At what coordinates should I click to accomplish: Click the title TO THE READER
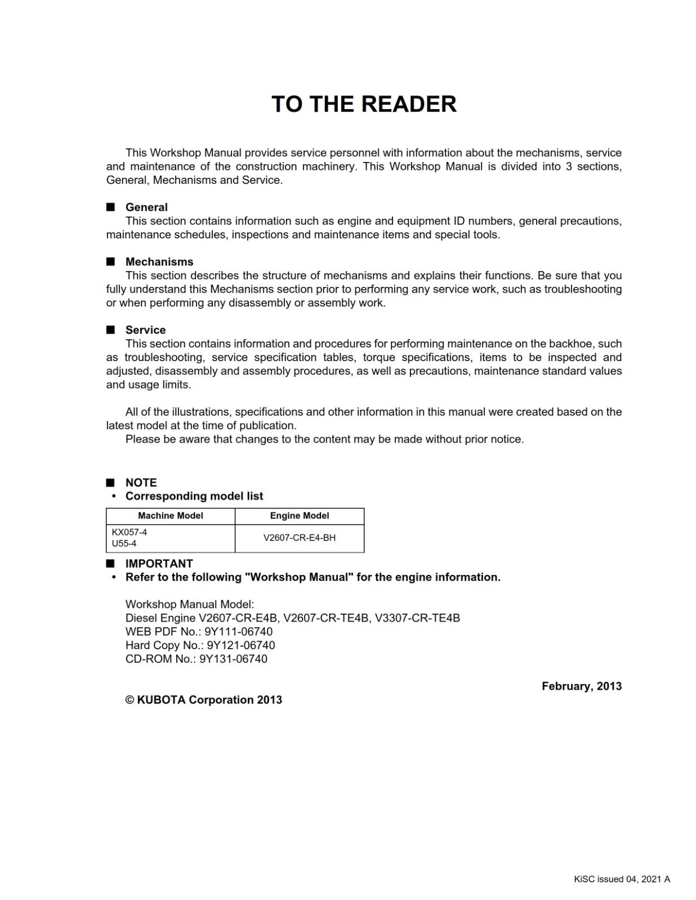click(x=364, y=104)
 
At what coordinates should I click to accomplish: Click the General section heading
click(x=146, y=207)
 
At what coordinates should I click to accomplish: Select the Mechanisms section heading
click(x=159, y=262)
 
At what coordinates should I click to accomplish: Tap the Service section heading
click(x=145, y=330)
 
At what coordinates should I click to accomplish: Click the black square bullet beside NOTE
click(x=110, y=483)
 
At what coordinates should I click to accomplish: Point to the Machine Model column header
click(x=170, y=516)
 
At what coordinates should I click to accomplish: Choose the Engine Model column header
click(x=299, y=516)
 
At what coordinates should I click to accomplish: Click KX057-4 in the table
click(x=130, y=532)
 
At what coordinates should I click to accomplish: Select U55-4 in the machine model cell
click(x=124, y=543)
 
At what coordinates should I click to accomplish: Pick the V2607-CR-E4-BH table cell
click(x=299, y=538)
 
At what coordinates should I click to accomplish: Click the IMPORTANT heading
click(x=159, y=564)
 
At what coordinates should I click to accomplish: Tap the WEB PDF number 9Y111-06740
click(x=238, y=632)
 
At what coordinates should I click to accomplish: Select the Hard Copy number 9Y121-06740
click(x=241, y=645)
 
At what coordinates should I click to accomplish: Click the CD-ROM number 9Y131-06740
click(x=233, y=659)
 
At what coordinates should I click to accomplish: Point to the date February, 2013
click(x=581, y=686)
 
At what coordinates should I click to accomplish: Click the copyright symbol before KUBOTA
click(x=130, y=700)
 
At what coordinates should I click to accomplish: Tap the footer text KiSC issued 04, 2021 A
click(x=622, y=879)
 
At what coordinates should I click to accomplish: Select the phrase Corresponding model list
click(x=194, y=496)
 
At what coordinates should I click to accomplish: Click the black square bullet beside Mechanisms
click(x=110, y=262)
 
